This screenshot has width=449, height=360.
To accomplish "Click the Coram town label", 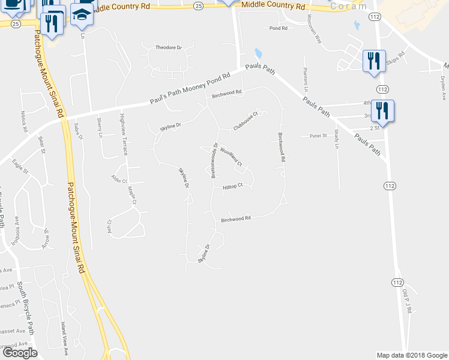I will tap(348, 7).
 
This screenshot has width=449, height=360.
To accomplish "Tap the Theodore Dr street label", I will tap(168, 47).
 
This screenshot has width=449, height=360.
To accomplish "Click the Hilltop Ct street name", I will tap(232, 186).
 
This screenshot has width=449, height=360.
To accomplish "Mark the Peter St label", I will tap(318, 136).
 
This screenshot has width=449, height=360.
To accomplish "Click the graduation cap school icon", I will tap(81, 16).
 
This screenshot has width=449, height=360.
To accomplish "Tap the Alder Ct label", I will tap(119, 180).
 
